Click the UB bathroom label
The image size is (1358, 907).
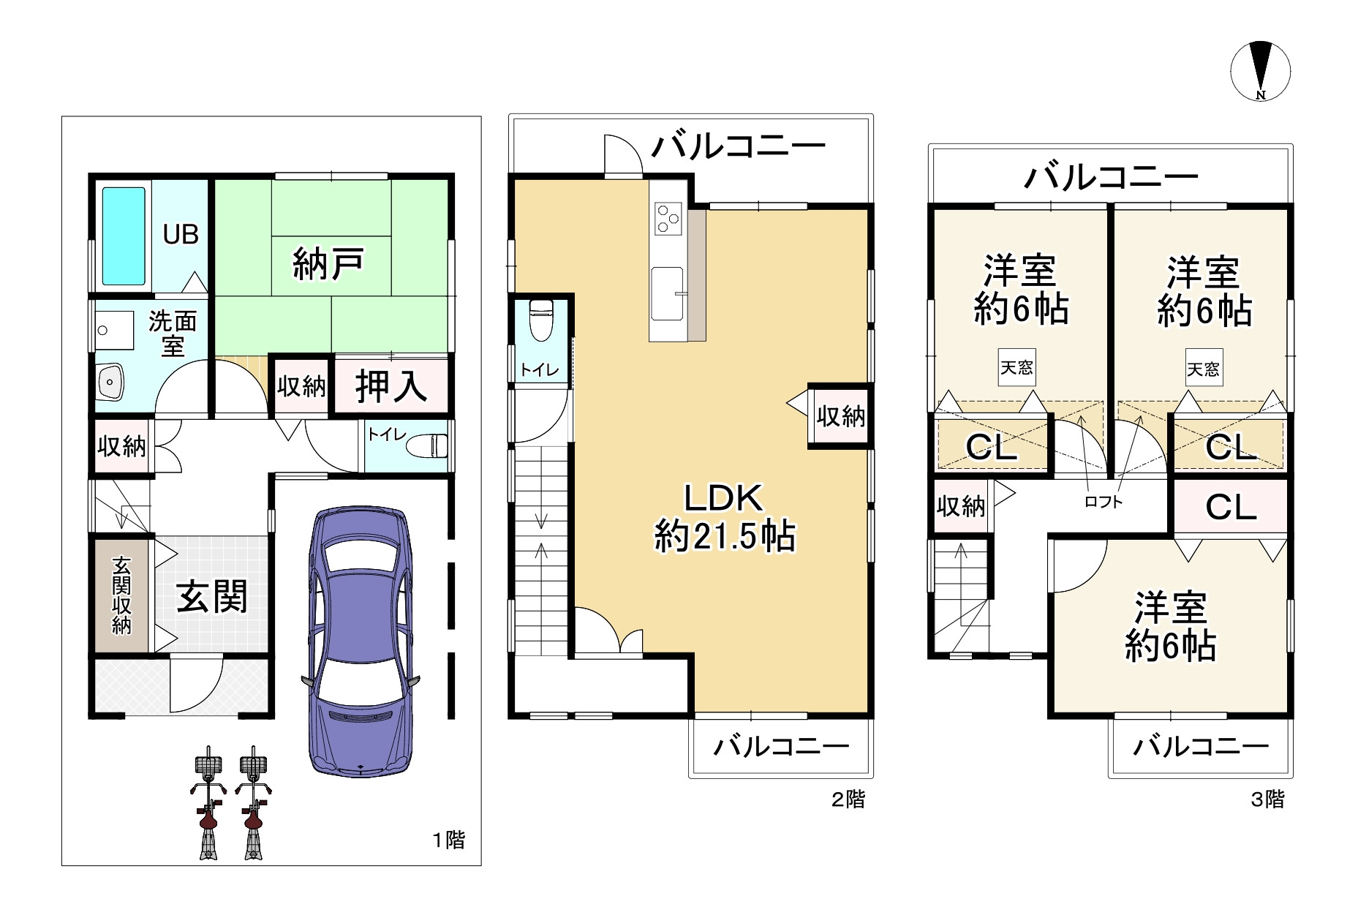coord(181,235)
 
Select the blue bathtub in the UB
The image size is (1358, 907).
coord(124,236)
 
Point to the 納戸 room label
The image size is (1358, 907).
coord(328,264)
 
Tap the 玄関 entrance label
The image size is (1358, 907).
coord(212,597)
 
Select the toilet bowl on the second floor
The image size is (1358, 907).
coord(541,320)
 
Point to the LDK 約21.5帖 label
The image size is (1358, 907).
coord(724,517)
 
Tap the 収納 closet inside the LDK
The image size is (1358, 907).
coord(841,416)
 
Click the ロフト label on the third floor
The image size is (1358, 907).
coord(1103,502)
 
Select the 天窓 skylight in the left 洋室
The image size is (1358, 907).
coord(1016,367)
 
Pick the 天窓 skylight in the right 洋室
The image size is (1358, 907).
coord(1203,369)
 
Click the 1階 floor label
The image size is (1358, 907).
coord(448,840)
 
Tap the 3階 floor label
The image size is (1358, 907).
coord(1267,799)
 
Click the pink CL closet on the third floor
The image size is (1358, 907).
coord(1231,507)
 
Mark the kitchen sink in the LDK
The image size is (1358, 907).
coord(667,293)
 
